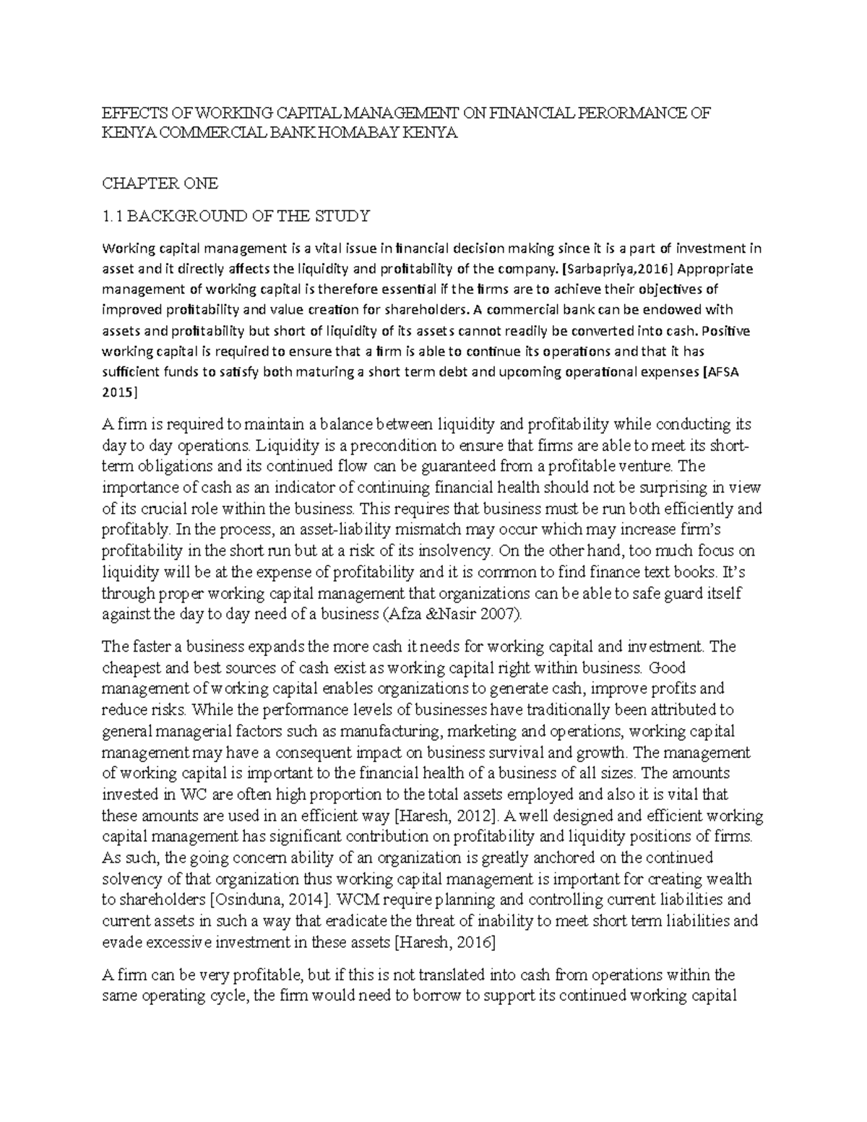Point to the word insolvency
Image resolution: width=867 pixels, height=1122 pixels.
click(454, 551)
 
